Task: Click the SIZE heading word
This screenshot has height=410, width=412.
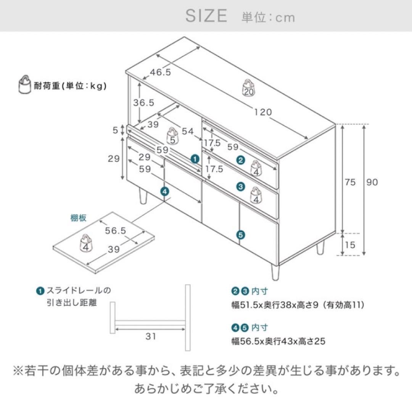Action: (x=206, y=16)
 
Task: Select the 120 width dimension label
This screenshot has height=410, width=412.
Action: (x=263, y=112)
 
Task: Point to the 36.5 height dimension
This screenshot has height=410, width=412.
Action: (x=143, y=102)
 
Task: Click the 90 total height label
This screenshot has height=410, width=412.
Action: (x=372, y=182)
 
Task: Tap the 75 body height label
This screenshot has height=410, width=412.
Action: (x=350, y=182)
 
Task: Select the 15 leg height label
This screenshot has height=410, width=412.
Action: (x=350, y=245)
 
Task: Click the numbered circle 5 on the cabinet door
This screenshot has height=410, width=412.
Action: (x=240, y=235)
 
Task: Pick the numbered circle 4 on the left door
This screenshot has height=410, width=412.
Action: (x=164, y=192)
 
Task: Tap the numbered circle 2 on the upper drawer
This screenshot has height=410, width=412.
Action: (x=240, y=160)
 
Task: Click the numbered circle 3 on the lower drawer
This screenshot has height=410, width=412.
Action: (x=240, y=187)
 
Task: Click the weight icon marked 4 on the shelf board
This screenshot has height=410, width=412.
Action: (x=86, y=243)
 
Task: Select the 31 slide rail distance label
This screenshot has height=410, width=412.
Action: (x=151, y=336)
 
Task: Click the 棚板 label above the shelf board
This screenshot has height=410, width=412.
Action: (x=78, y=218)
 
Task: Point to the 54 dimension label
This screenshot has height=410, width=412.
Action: (x=187, y=131)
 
